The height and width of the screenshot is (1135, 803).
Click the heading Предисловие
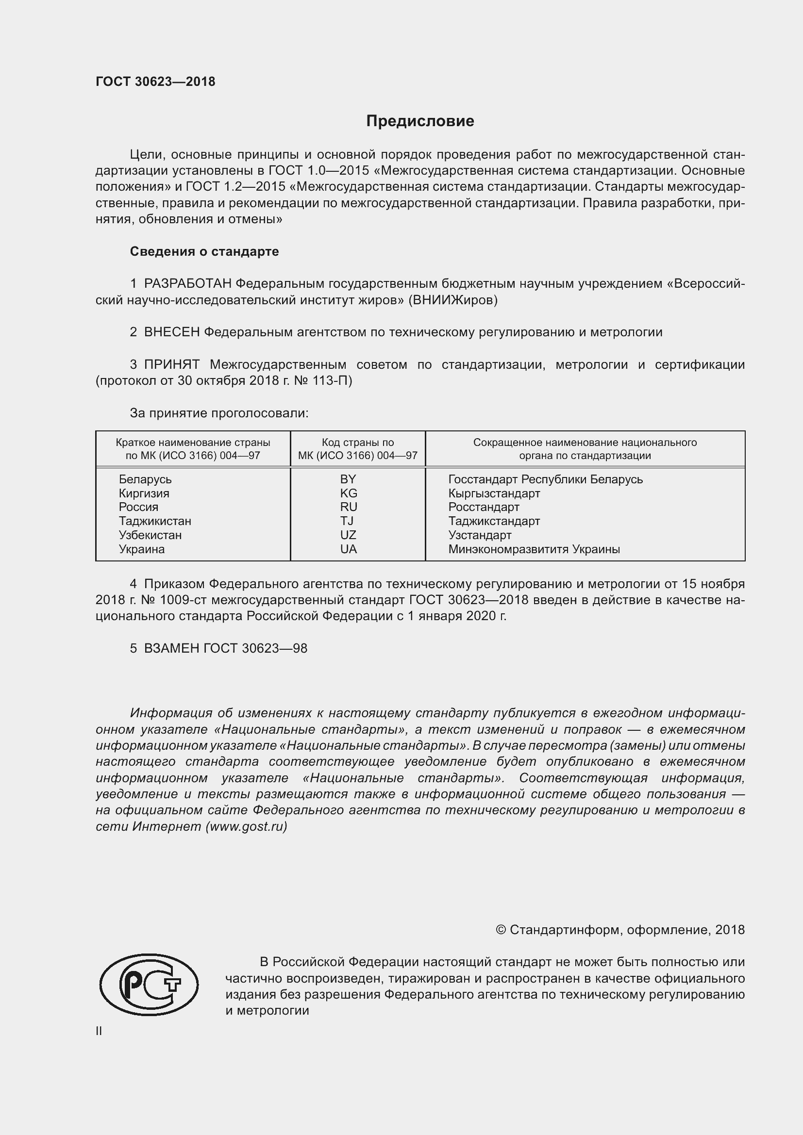pyautogui.click(x=420, y=121)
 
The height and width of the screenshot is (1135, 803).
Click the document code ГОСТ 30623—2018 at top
pyautogui.click(x=155, y=82)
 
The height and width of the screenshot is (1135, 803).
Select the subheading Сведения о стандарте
pyautogui.click(x=204, y=252)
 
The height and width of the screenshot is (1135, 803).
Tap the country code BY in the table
pyautogui.click(x=348, y=479)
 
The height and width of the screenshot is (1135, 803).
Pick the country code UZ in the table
pyautogui.click(x=348, y=535)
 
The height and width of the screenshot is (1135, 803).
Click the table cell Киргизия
pyautogui.click(x=144, y=493)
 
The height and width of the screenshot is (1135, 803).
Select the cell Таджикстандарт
pyautogui.click(x=494, y=521)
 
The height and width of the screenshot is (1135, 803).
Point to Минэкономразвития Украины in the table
pyautogui.click(x=534, y=549)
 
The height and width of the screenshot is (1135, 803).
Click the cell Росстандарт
pyautogui.click(x=484, y=507)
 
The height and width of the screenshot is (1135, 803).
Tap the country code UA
pyautogui.click(x=348, y=549)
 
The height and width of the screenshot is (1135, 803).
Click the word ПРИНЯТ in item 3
pyautogui.click(x=171, y=365)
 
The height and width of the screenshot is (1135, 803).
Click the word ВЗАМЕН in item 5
pyautogui.click(x=171, y=649)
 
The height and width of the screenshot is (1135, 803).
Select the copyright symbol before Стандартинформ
pyautogui.click(x=501, y=930)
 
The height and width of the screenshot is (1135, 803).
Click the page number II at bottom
pyautogui.click(x=99, y=1031)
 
